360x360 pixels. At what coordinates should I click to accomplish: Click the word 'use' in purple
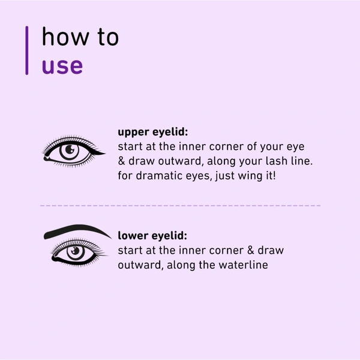(62, 65)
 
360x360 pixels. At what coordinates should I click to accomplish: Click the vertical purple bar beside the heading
(27, 50)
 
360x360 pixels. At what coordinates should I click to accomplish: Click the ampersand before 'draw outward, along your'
(121, 162)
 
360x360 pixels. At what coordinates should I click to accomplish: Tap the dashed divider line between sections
(180, 206)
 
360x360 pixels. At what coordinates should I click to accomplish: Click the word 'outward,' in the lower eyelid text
(139, 265)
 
